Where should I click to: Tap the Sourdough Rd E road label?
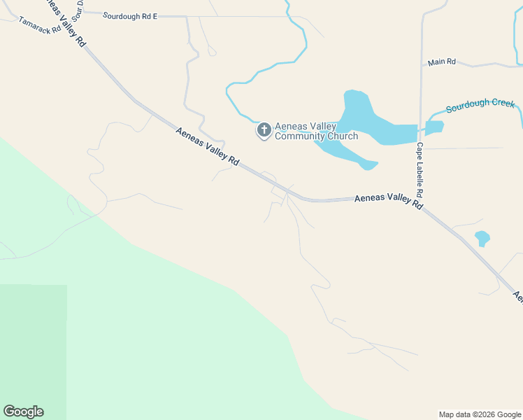130,14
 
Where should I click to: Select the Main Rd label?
441,62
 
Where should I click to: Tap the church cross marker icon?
264,130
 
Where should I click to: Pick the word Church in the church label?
344,136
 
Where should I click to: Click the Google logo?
23,412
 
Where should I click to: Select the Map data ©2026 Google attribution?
480,414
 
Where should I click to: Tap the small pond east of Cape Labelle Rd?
434,127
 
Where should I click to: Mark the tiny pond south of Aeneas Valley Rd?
482,238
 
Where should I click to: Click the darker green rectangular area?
34,350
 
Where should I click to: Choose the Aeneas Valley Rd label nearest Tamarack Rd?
68,24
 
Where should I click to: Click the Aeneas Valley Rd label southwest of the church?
208,147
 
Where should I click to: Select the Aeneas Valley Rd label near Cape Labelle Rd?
389,202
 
